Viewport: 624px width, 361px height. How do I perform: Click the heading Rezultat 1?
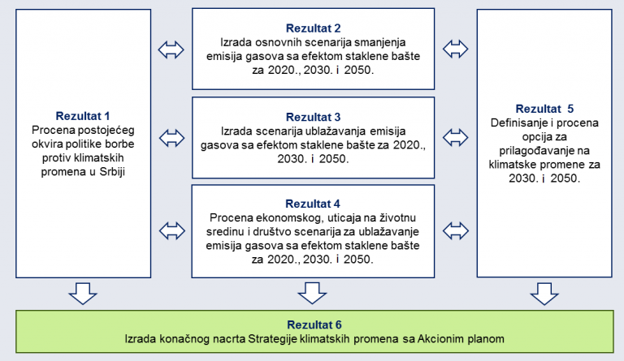coord(82,116)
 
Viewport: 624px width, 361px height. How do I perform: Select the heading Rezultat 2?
coord(313,28)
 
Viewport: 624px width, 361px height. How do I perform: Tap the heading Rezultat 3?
coord(313,117)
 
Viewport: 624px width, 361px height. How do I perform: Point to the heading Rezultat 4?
coord(313,204)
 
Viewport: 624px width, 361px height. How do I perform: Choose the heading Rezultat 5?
coord(544,109)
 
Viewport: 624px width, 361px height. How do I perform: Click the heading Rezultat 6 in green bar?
coord(314,324)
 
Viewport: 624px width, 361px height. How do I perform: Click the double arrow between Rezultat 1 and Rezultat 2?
coord(171,50)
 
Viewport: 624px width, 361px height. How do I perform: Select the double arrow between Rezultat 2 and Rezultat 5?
coord(455,49)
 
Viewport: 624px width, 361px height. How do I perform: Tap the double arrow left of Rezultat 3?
coord(172,138)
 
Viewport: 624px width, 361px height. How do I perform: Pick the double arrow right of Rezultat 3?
coord(455,138)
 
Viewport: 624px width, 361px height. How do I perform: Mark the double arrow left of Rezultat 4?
coord(172,231)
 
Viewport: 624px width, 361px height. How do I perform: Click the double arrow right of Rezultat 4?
coord(456,231)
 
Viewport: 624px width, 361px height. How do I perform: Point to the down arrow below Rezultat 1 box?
coord(83,294)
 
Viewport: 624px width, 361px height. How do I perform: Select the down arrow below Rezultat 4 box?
coord(312,294)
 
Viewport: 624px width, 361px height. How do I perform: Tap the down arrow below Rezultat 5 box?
coord(544,294)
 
